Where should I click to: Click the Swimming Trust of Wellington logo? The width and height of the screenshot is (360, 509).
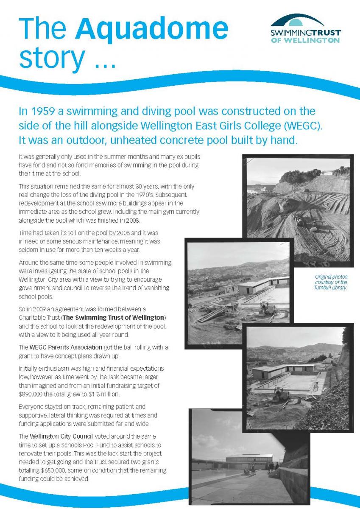point(305,28)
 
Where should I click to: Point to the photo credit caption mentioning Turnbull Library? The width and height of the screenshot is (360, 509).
point(331,282)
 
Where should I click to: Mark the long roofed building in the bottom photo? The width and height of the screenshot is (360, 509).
point(249,460)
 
